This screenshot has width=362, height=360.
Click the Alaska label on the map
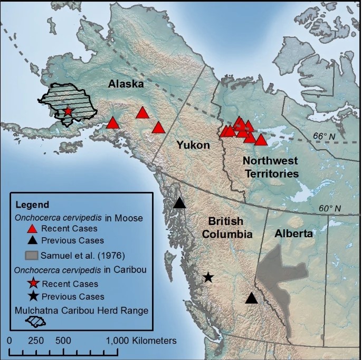tap(126, 84)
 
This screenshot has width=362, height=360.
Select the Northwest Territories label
tap(271, 167)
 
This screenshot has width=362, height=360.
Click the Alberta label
tap(294, 233)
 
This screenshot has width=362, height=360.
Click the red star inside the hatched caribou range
tap(68, 111)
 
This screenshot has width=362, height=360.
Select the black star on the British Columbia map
tap(208, 277)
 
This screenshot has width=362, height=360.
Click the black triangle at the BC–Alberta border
tap(252, 298)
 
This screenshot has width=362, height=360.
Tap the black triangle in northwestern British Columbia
tap(180, 203)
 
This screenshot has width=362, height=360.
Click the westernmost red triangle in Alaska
tap(112, 123)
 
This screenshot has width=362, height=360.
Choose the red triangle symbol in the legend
tap(32, 228)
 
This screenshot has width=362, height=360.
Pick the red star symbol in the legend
tap(32, 284)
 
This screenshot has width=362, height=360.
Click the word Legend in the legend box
tap(33, 205)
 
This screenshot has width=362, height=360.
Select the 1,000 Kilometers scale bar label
tap(141, 340)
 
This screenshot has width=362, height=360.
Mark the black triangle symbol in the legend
tap(32, 240)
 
